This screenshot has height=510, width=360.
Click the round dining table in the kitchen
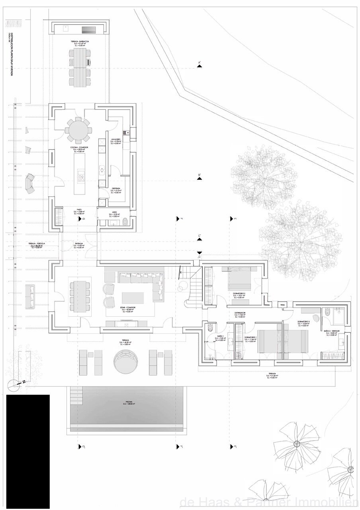point(78,130)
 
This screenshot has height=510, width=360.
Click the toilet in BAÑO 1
point(210,328)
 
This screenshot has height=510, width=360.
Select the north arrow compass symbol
point(14,384)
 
